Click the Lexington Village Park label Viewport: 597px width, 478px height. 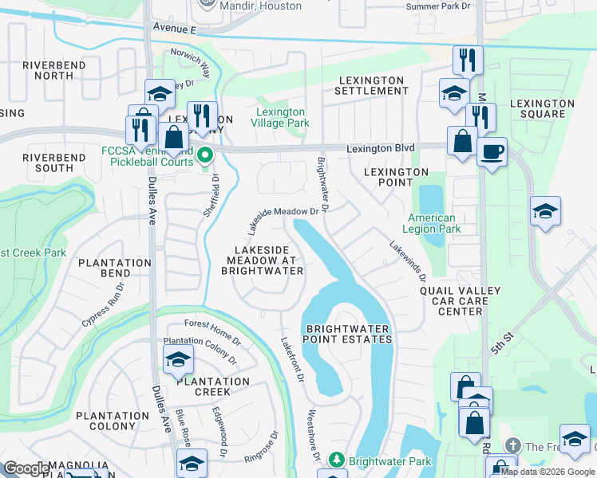[x=280, y=118]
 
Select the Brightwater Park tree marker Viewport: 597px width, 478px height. [x=337, y=461]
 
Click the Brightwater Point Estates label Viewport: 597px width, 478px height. [x=349, y=334]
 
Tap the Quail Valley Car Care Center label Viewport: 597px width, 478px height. [x=461, y=301]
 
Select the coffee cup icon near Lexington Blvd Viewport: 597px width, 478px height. [x=492, y=151]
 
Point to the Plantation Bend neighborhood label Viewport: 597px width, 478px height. [x=115, y=268]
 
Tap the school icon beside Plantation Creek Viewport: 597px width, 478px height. [x=178, y=361]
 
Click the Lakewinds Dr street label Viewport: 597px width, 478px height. [x=408, y=261]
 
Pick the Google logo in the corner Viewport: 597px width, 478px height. [x=26, y=468]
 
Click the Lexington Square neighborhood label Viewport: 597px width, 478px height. [x=542, y=108]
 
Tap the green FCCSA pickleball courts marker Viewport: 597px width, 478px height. [x=206, y=155]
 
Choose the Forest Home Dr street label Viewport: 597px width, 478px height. [x=212, y=330]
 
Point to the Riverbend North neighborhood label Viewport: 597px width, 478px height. [x=54, y=70]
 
